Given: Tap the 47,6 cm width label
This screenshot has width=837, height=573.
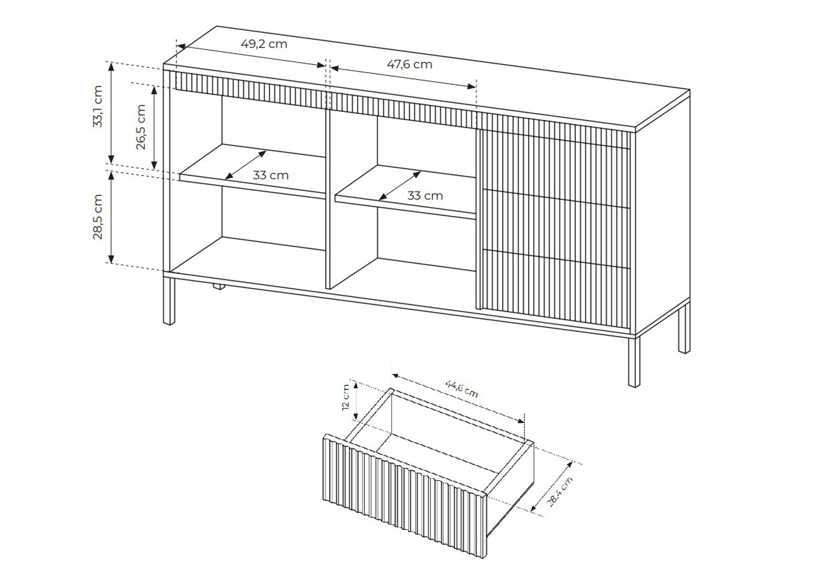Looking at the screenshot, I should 409,65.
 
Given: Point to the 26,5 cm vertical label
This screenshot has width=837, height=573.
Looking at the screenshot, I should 140,127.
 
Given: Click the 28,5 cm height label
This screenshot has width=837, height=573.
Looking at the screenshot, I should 98,217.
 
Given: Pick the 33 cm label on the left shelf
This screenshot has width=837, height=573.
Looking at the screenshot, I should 270,175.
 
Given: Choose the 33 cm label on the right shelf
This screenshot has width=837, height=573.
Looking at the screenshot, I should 425,196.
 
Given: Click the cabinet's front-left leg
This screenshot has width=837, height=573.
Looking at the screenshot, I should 169,299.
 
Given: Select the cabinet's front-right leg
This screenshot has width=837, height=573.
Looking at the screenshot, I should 634,361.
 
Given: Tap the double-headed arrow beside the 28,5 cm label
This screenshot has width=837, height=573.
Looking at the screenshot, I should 111,217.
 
